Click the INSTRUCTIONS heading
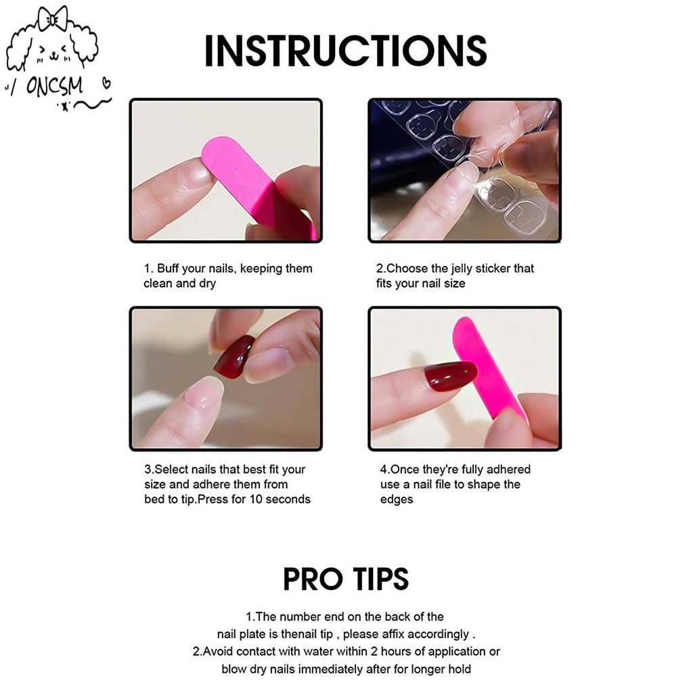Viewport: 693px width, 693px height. [x=346, y=51]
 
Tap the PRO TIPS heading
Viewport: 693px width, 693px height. [x=346, y=579]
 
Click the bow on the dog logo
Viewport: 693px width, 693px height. [x=53, y=18]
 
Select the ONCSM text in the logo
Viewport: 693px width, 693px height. [x=54, y=86]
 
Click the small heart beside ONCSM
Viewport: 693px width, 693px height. [x=106, y=83]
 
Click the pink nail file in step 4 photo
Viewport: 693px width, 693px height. [x=489, y=367]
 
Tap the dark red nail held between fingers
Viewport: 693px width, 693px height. [x=234, y=356]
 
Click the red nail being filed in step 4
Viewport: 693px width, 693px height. [x=451, y=376]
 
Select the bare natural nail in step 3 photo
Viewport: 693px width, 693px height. [x=204, y=393]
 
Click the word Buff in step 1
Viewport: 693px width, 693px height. [x=168, y=268]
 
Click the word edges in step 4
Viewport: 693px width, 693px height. [x=397, y=500]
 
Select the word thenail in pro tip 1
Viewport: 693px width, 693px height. [x=300, y=634]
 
